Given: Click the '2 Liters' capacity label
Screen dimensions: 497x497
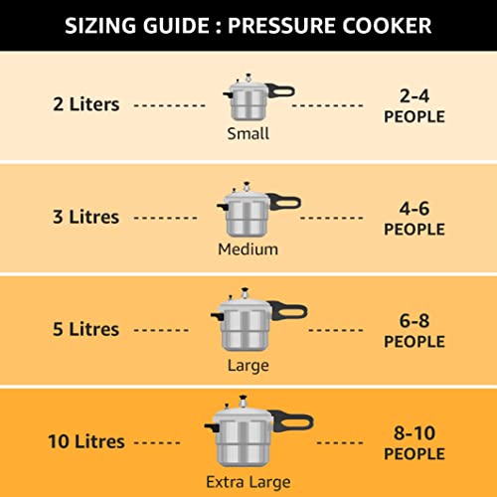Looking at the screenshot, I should tap(87, 103).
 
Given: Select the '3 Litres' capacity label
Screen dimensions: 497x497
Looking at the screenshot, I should tap(85, 216).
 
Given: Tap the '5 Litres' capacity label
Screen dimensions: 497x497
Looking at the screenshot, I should tap(85, 329).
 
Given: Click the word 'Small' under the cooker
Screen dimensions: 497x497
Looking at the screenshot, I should tap(247, 132).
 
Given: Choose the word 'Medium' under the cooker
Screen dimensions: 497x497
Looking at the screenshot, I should tap(248, 249).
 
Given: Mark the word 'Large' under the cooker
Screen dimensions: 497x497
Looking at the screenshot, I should tap(248, 366).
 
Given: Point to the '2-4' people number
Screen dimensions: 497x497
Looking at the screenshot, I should tap(414, 96).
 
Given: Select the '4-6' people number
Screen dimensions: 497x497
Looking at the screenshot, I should tap(414, 210).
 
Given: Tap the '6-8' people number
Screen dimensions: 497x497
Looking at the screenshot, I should tap(414, 322).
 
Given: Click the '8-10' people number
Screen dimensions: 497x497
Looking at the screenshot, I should tap(414, 434).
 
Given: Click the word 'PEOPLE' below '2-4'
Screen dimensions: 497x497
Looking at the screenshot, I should tap(414, 116).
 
